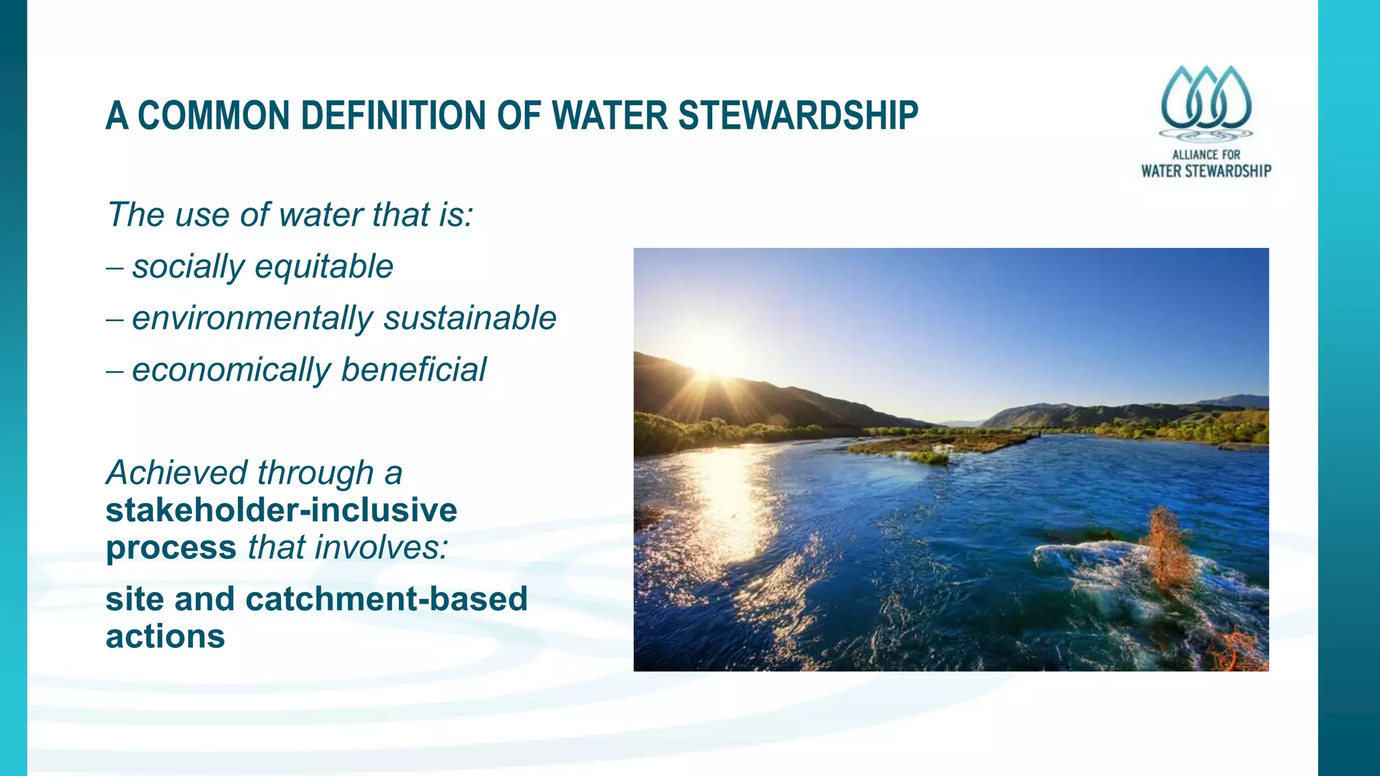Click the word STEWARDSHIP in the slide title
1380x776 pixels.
tap(798, 115)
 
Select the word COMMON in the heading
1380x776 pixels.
tap(214, 115)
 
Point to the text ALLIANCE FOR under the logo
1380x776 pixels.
tap(1205, 154)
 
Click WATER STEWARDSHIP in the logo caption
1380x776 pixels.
tap(1205, 171)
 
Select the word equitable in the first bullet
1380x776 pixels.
tap(324, 267)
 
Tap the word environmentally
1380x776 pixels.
tap(253, 319)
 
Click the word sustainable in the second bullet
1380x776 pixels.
tap(470, 318)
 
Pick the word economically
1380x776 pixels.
tap(232, 370)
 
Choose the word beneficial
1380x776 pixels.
tap(414, 370)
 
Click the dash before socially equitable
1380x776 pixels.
tap(115, 267)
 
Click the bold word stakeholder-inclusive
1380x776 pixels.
tap(281, 510)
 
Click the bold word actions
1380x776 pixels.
tap(165, 637)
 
